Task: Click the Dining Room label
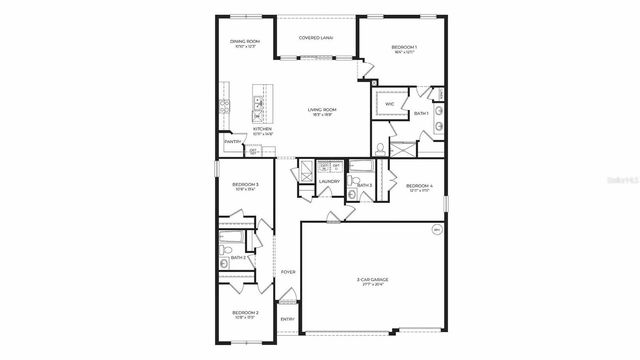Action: (x=245, y=41)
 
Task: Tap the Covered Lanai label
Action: (x=316, y=37)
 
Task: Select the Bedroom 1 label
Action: (x=404, y=48)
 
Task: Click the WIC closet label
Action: (x=389, y=103)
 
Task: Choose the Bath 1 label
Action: (x=421, y=113)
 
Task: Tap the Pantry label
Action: (x=231, y=142)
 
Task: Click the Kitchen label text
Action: (x=262, y=129)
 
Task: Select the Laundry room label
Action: (x=329, y=181)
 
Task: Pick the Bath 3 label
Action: (x=364, y=185)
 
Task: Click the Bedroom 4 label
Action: (x=419, y=186)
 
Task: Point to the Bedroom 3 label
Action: (x=245, y=185)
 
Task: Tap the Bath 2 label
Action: (x=238, y=258)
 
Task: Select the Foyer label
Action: (x=287, y=271)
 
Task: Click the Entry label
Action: (x=287, y=319)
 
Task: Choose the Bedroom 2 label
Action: (x=245, y=313)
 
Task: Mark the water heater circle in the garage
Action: (x=436, y=229)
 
